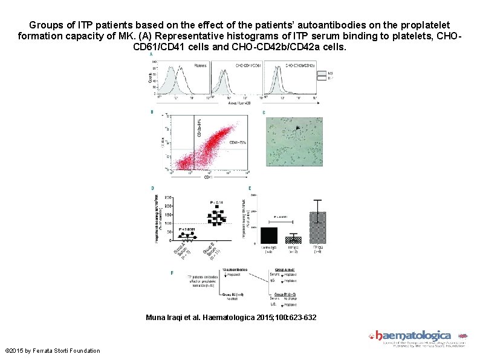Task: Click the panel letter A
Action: coord(151,54)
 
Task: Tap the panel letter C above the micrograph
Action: coord(264,113)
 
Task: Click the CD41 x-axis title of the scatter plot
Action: coord(207,177)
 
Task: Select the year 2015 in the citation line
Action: coord(277,318)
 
